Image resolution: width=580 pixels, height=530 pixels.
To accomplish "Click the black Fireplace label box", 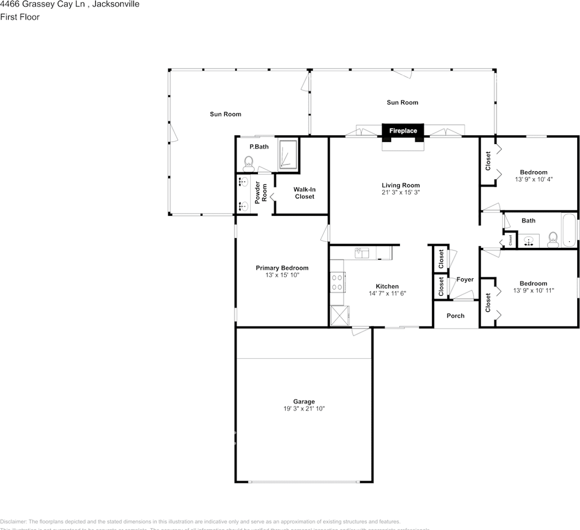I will point(403,131).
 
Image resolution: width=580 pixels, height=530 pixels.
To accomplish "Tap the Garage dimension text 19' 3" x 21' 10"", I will point(304,409).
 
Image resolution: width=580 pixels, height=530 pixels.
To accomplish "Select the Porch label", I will point(455,316).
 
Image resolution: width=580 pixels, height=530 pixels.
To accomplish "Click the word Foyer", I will point(465,279).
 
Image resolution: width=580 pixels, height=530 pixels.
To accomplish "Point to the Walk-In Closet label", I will point(304,193).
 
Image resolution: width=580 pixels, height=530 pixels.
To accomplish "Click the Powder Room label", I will point(261,191).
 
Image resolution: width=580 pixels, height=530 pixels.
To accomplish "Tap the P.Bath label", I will point(259,147).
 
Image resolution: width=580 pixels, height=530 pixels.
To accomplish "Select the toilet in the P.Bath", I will point(249,162).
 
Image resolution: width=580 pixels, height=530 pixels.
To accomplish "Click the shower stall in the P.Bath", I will point(288,154).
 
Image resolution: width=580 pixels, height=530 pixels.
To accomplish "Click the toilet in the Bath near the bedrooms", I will point(552,239).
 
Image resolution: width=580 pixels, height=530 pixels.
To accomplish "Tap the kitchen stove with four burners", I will point(336,283).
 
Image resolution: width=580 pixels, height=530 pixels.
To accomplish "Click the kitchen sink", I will point(362,253).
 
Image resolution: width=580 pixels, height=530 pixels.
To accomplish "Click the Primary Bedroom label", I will point(282,268).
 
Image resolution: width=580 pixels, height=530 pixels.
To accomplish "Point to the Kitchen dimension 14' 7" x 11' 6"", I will point(387,294).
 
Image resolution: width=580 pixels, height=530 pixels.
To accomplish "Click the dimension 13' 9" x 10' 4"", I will point(534,179).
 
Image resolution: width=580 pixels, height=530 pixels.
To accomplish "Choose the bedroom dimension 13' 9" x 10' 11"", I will point(533,290).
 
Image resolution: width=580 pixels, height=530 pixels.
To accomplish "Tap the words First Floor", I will point(20,17).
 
